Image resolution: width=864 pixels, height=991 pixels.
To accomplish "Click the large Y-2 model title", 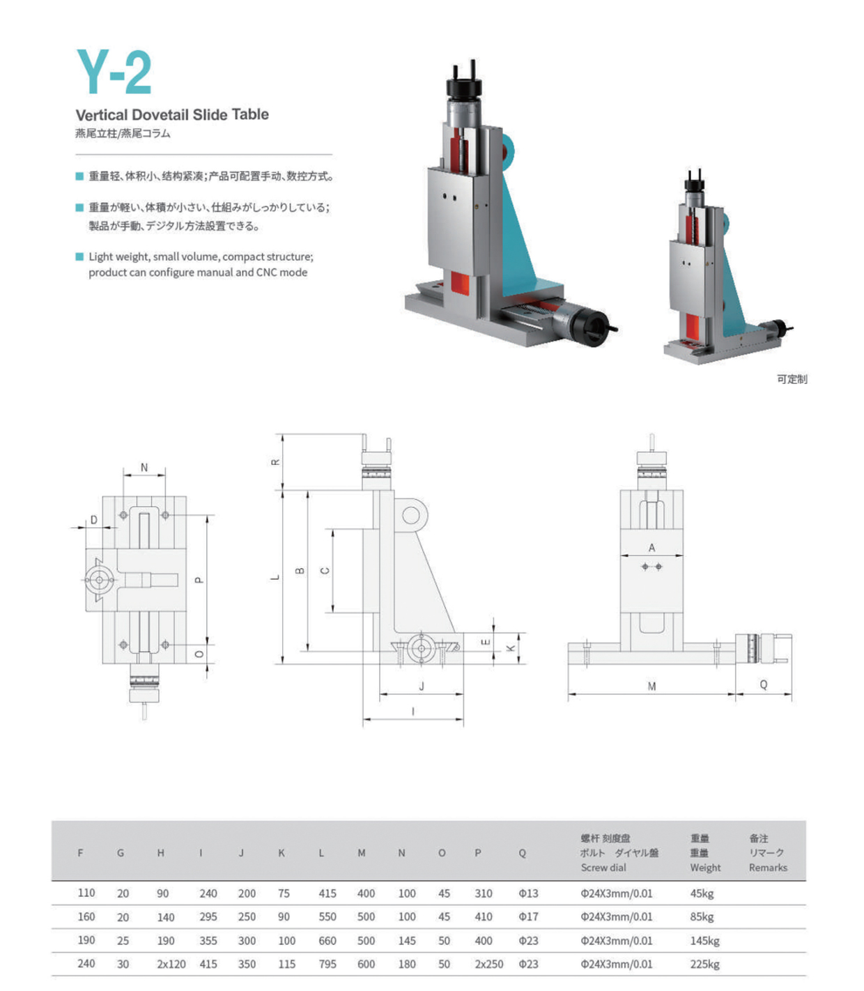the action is [x=114, y=72].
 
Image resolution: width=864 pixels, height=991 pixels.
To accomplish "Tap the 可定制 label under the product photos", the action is [x=792, y=379].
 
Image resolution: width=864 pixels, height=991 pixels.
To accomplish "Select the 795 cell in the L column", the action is [x=327, y=963].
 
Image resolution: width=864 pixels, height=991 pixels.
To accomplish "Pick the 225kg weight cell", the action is [x=704, y=964].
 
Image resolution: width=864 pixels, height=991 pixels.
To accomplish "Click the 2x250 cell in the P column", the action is [x=488, y=963].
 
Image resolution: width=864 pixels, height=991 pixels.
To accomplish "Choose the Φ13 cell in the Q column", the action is [x=528, y=893].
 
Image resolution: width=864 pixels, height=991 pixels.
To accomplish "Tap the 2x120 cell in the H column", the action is [x=171, y=963].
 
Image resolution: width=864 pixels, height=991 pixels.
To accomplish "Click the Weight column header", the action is [x=705, y=867].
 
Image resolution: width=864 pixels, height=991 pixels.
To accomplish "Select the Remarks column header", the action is [x=768, y=867].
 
